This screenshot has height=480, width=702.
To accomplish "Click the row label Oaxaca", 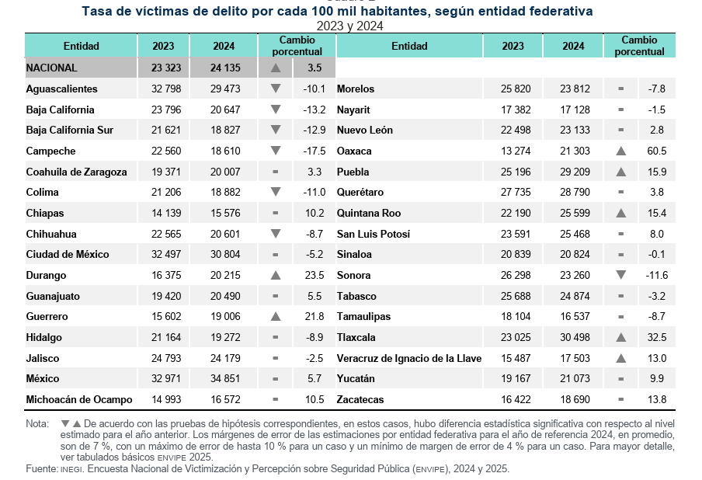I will pos(354,151).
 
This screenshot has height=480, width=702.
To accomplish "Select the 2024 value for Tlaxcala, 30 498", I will pos(573,337).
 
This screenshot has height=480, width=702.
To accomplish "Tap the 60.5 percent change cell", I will pos(657,151).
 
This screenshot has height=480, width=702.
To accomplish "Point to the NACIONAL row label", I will pos(51,68).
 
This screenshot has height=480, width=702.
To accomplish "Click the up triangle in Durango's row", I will pos(275,275).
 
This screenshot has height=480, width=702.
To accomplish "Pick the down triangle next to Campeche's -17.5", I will pos(275,151).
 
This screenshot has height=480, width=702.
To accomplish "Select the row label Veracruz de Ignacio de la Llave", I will pos(409,358).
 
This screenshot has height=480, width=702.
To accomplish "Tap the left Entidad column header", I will pos(81,46).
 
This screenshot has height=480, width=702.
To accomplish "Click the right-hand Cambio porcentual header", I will pos(639,46).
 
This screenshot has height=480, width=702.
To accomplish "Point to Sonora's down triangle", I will pos(620,275).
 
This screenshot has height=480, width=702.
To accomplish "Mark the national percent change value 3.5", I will pos(314,68).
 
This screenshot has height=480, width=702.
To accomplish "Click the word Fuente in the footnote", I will pos(41,469).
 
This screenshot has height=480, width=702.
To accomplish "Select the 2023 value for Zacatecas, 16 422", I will pos(513,399).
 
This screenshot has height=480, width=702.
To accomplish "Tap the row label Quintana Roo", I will pos(369,213).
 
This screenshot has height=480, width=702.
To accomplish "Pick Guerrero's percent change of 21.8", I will pos(314,316).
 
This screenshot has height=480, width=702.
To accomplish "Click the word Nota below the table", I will pos(36,423).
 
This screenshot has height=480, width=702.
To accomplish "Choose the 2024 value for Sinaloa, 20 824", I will pos(573,254).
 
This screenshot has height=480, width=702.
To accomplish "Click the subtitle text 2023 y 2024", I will pos(349,26).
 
